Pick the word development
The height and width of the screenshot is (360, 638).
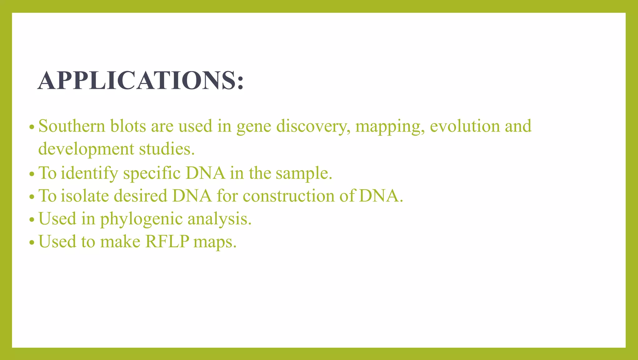(86, 149)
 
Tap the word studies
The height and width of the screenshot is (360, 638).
(167, 149)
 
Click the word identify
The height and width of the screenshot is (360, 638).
(89, 173)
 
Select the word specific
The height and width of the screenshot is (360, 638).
(152, 173)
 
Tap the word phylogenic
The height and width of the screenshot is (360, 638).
(141, 219)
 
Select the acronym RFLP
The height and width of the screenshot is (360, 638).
(167, 242)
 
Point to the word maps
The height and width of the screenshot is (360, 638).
(215, 242)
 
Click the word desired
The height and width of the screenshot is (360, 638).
(140, 196)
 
